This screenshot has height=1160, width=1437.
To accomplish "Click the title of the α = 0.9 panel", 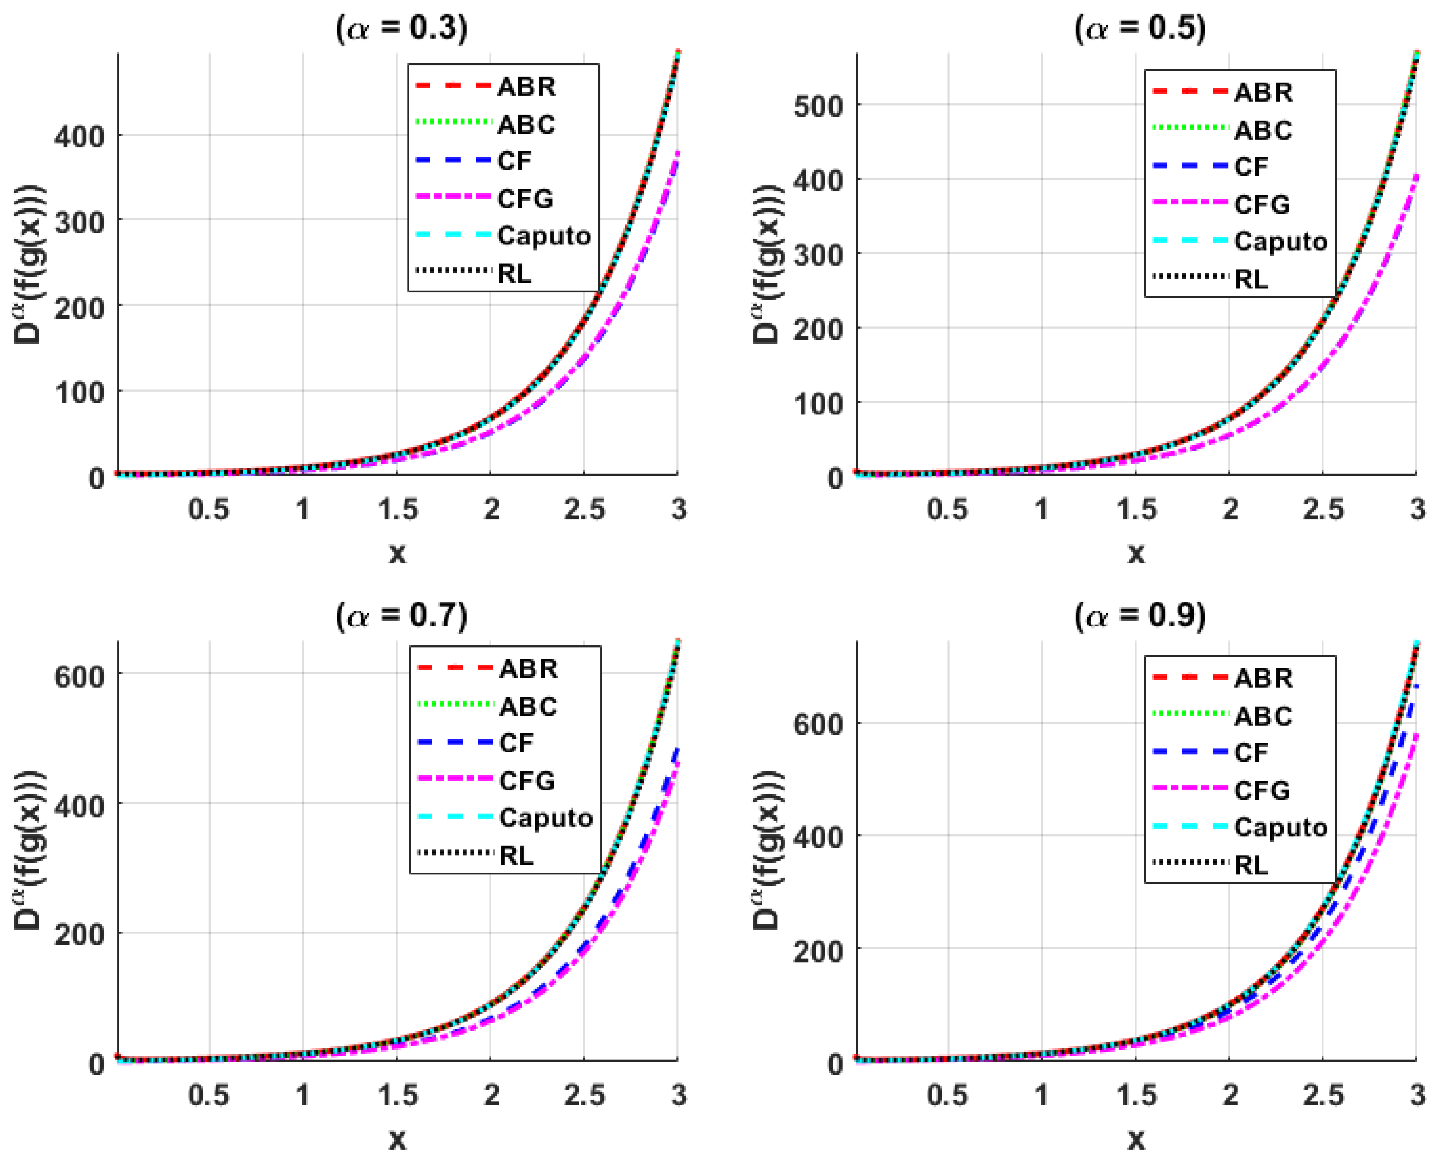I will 1140,615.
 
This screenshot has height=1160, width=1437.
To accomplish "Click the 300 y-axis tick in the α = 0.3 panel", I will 79,221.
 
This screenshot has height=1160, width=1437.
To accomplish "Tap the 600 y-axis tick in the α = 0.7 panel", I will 79,676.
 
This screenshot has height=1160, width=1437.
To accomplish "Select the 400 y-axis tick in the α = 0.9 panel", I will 818,836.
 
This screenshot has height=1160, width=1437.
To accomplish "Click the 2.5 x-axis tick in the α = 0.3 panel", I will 584,510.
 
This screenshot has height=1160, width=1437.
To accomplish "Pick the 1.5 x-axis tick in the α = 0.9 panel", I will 1136,1095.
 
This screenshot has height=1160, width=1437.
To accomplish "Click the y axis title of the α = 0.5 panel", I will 766,264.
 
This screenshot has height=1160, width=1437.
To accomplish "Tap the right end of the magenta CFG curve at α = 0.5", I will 1416,175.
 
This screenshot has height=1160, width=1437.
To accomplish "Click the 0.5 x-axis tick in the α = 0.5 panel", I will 946,510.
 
